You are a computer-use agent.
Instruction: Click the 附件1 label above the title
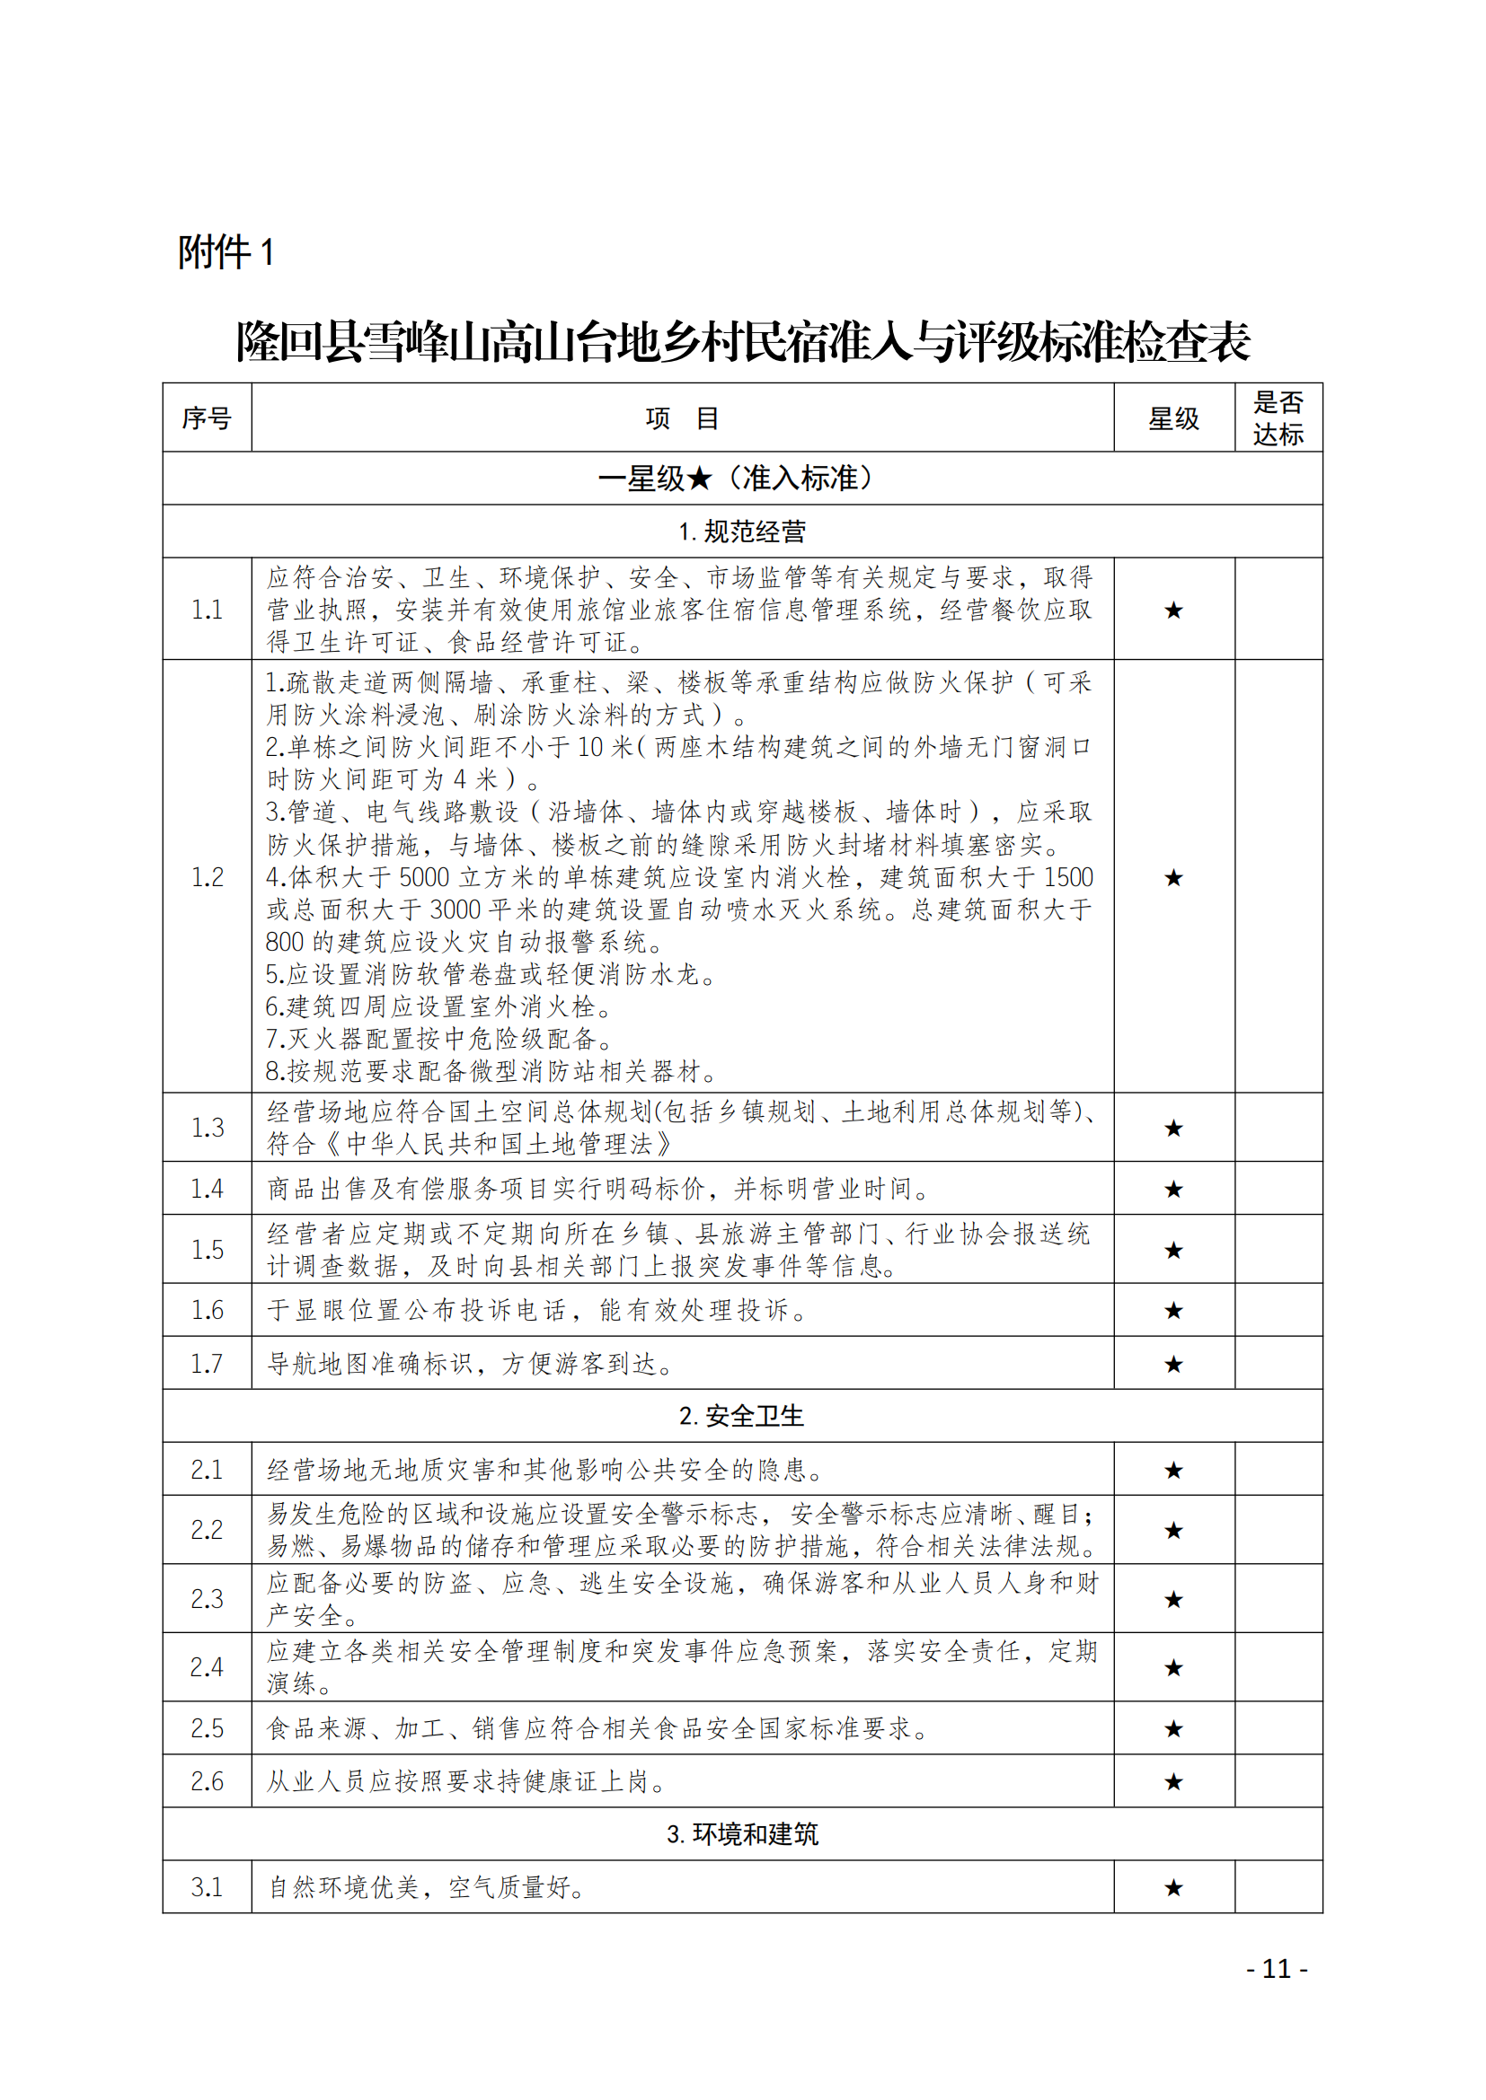(226, 252)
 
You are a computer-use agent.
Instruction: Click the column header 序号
(207, 418)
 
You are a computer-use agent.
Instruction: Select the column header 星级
(1173, 418)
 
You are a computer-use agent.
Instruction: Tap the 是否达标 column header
(1278, 418)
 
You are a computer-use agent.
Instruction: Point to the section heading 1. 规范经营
(742, 532)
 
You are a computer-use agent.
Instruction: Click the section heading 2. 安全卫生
(742, 1416)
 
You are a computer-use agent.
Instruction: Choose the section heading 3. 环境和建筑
(742, 1834)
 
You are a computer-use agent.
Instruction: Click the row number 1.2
(207, 877)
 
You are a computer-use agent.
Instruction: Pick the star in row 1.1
(1173, 610)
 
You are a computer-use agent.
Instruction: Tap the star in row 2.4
(1173, 1667)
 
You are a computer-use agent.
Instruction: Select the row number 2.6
(207, 1780)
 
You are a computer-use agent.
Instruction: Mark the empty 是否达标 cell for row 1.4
(1278, 1188)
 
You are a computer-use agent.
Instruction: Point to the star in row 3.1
(1173, 1887)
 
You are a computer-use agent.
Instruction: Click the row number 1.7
(207, 1364)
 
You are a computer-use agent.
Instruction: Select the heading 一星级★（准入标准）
(742, 479)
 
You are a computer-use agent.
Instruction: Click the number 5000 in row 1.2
(424, 877)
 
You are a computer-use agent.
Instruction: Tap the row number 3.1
(207, 1887)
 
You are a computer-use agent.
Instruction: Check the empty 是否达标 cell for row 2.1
(1278, 1470)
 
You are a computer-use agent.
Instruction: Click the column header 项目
(682, 418)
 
